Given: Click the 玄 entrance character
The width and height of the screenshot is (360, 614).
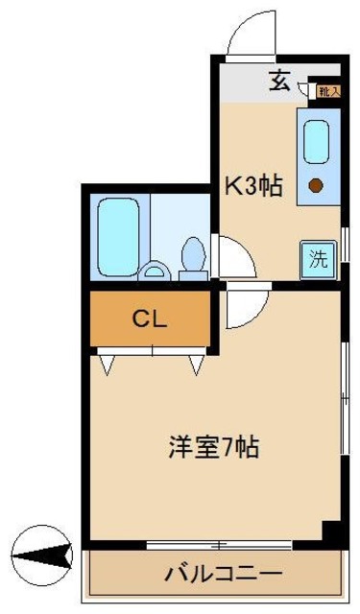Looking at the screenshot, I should (278, 81).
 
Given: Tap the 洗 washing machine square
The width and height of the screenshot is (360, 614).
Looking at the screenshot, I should (317, 258).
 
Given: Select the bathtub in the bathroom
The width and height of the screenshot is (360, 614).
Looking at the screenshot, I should (118, 235).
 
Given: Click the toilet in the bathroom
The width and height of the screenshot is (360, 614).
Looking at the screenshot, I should (194, 256).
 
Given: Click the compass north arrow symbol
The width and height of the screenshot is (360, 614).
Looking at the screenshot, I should (43, 555).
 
